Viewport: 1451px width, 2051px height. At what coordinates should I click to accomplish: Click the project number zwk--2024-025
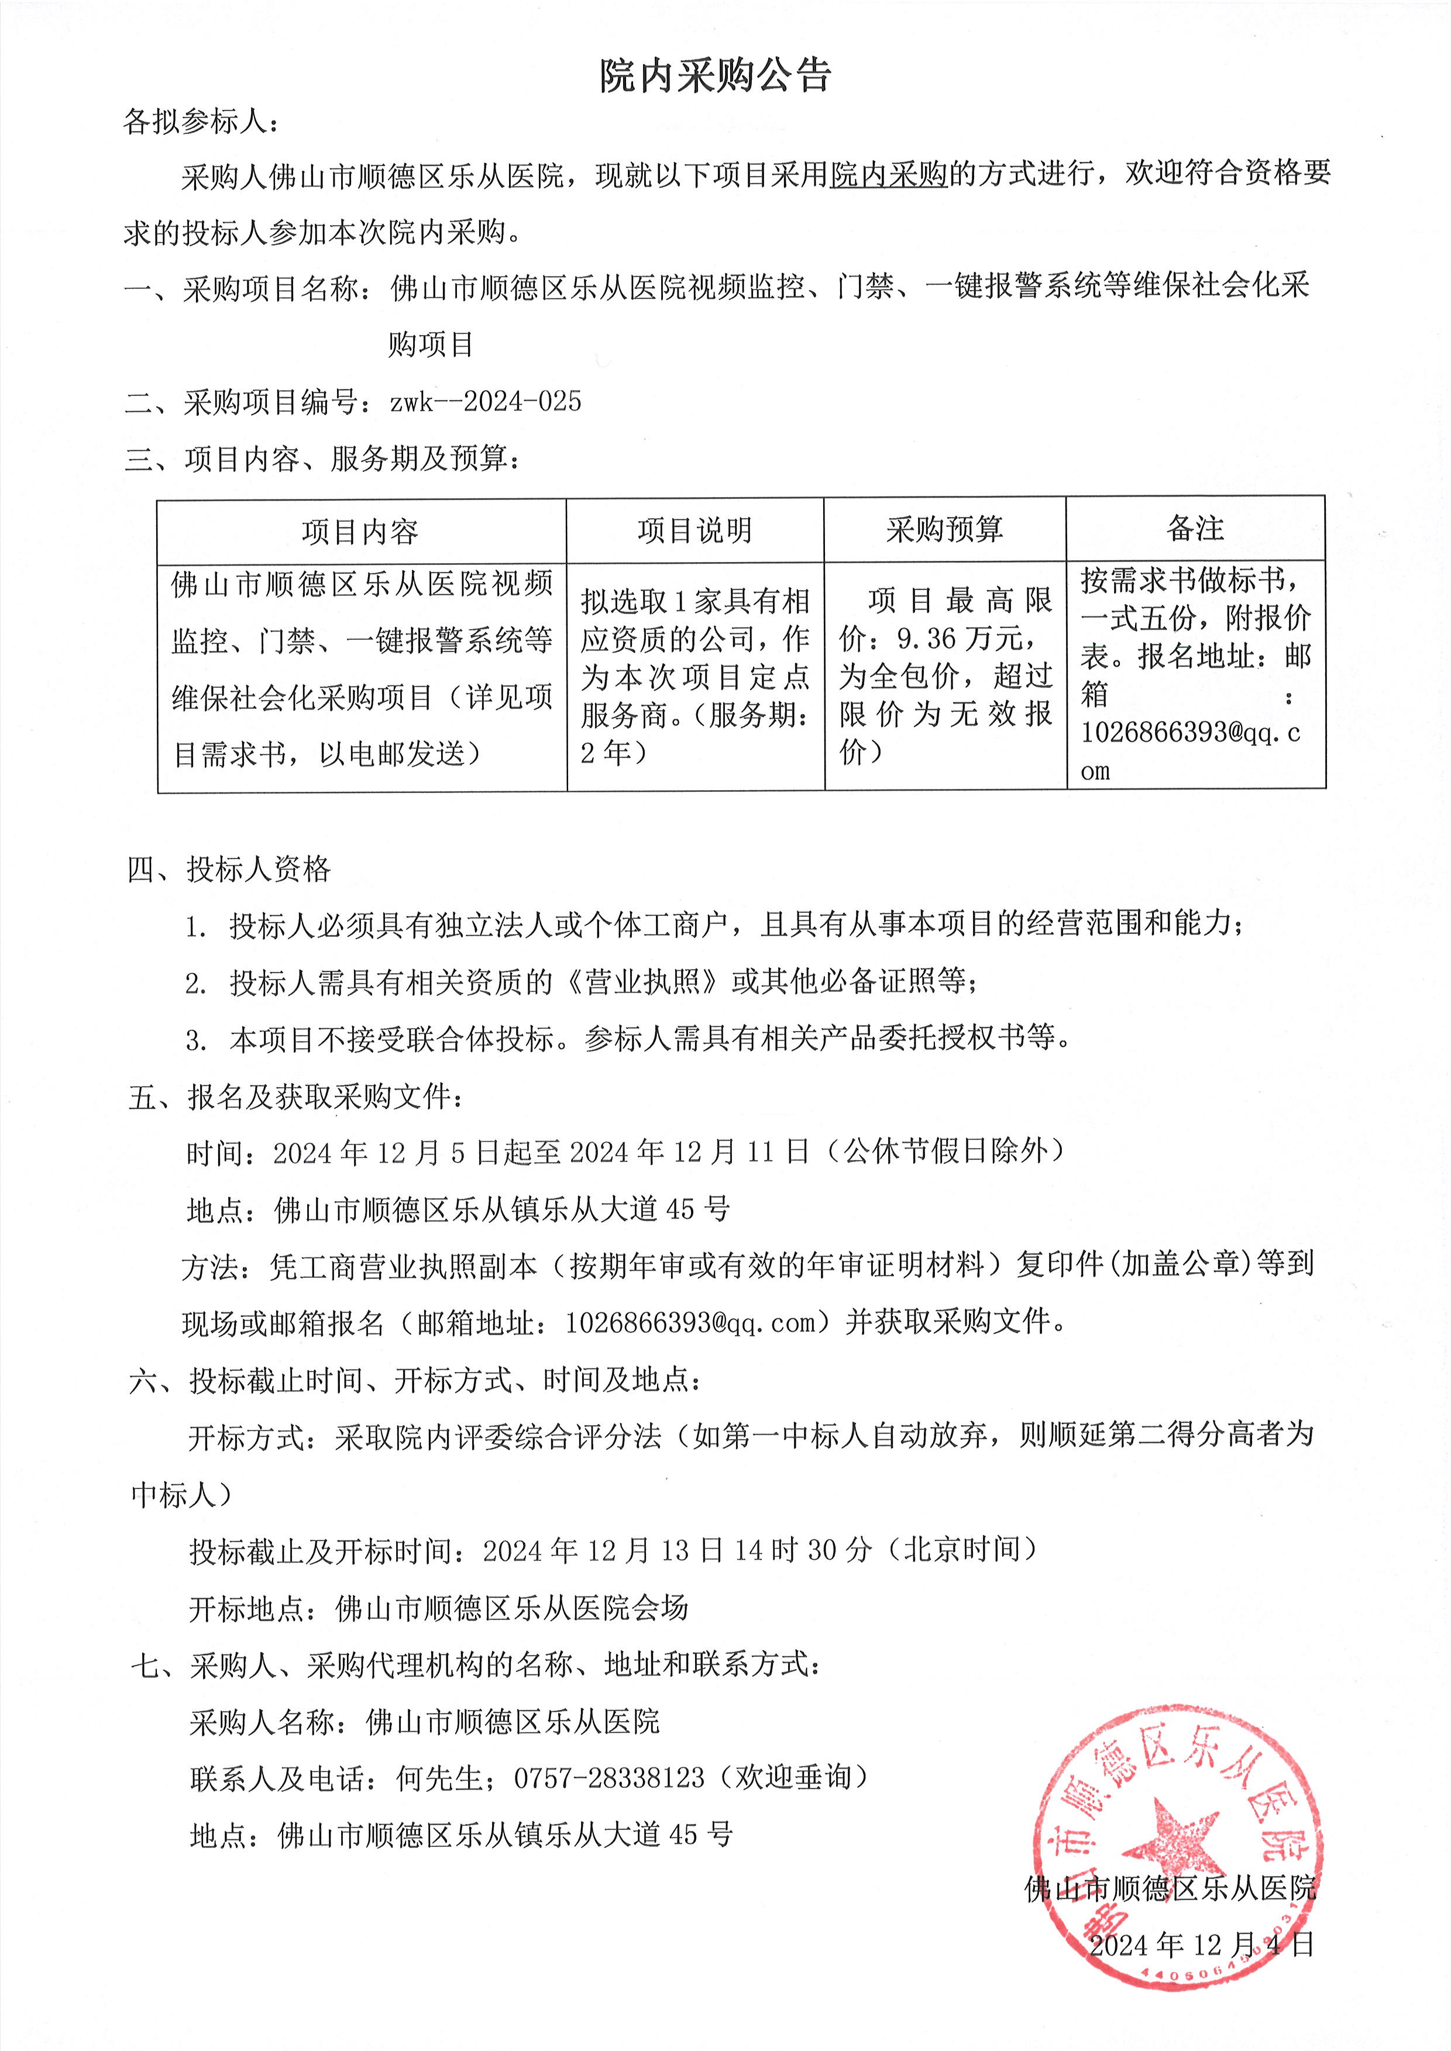pos(485,402)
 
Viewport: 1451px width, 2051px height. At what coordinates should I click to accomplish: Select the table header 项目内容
pos(360,532)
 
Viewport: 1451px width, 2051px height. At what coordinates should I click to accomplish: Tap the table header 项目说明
pos(694,530)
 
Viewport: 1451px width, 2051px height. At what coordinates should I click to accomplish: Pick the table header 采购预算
pos(944,530)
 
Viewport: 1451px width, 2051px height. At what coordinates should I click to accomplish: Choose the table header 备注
pos(1195,529)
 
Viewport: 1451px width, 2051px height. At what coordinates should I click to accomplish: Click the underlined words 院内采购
pos(888,174)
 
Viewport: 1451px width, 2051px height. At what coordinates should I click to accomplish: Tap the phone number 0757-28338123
pos(608,1778)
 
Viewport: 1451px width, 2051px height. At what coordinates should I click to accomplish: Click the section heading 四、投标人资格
pos(229,869)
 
